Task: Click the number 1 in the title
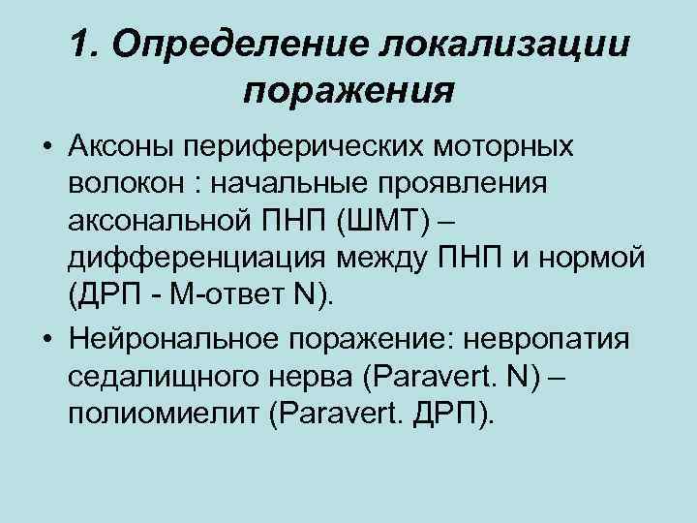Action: (80, 45)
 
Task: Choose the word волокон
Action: (122, 184)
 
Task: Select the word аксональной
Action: (161, 222)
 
